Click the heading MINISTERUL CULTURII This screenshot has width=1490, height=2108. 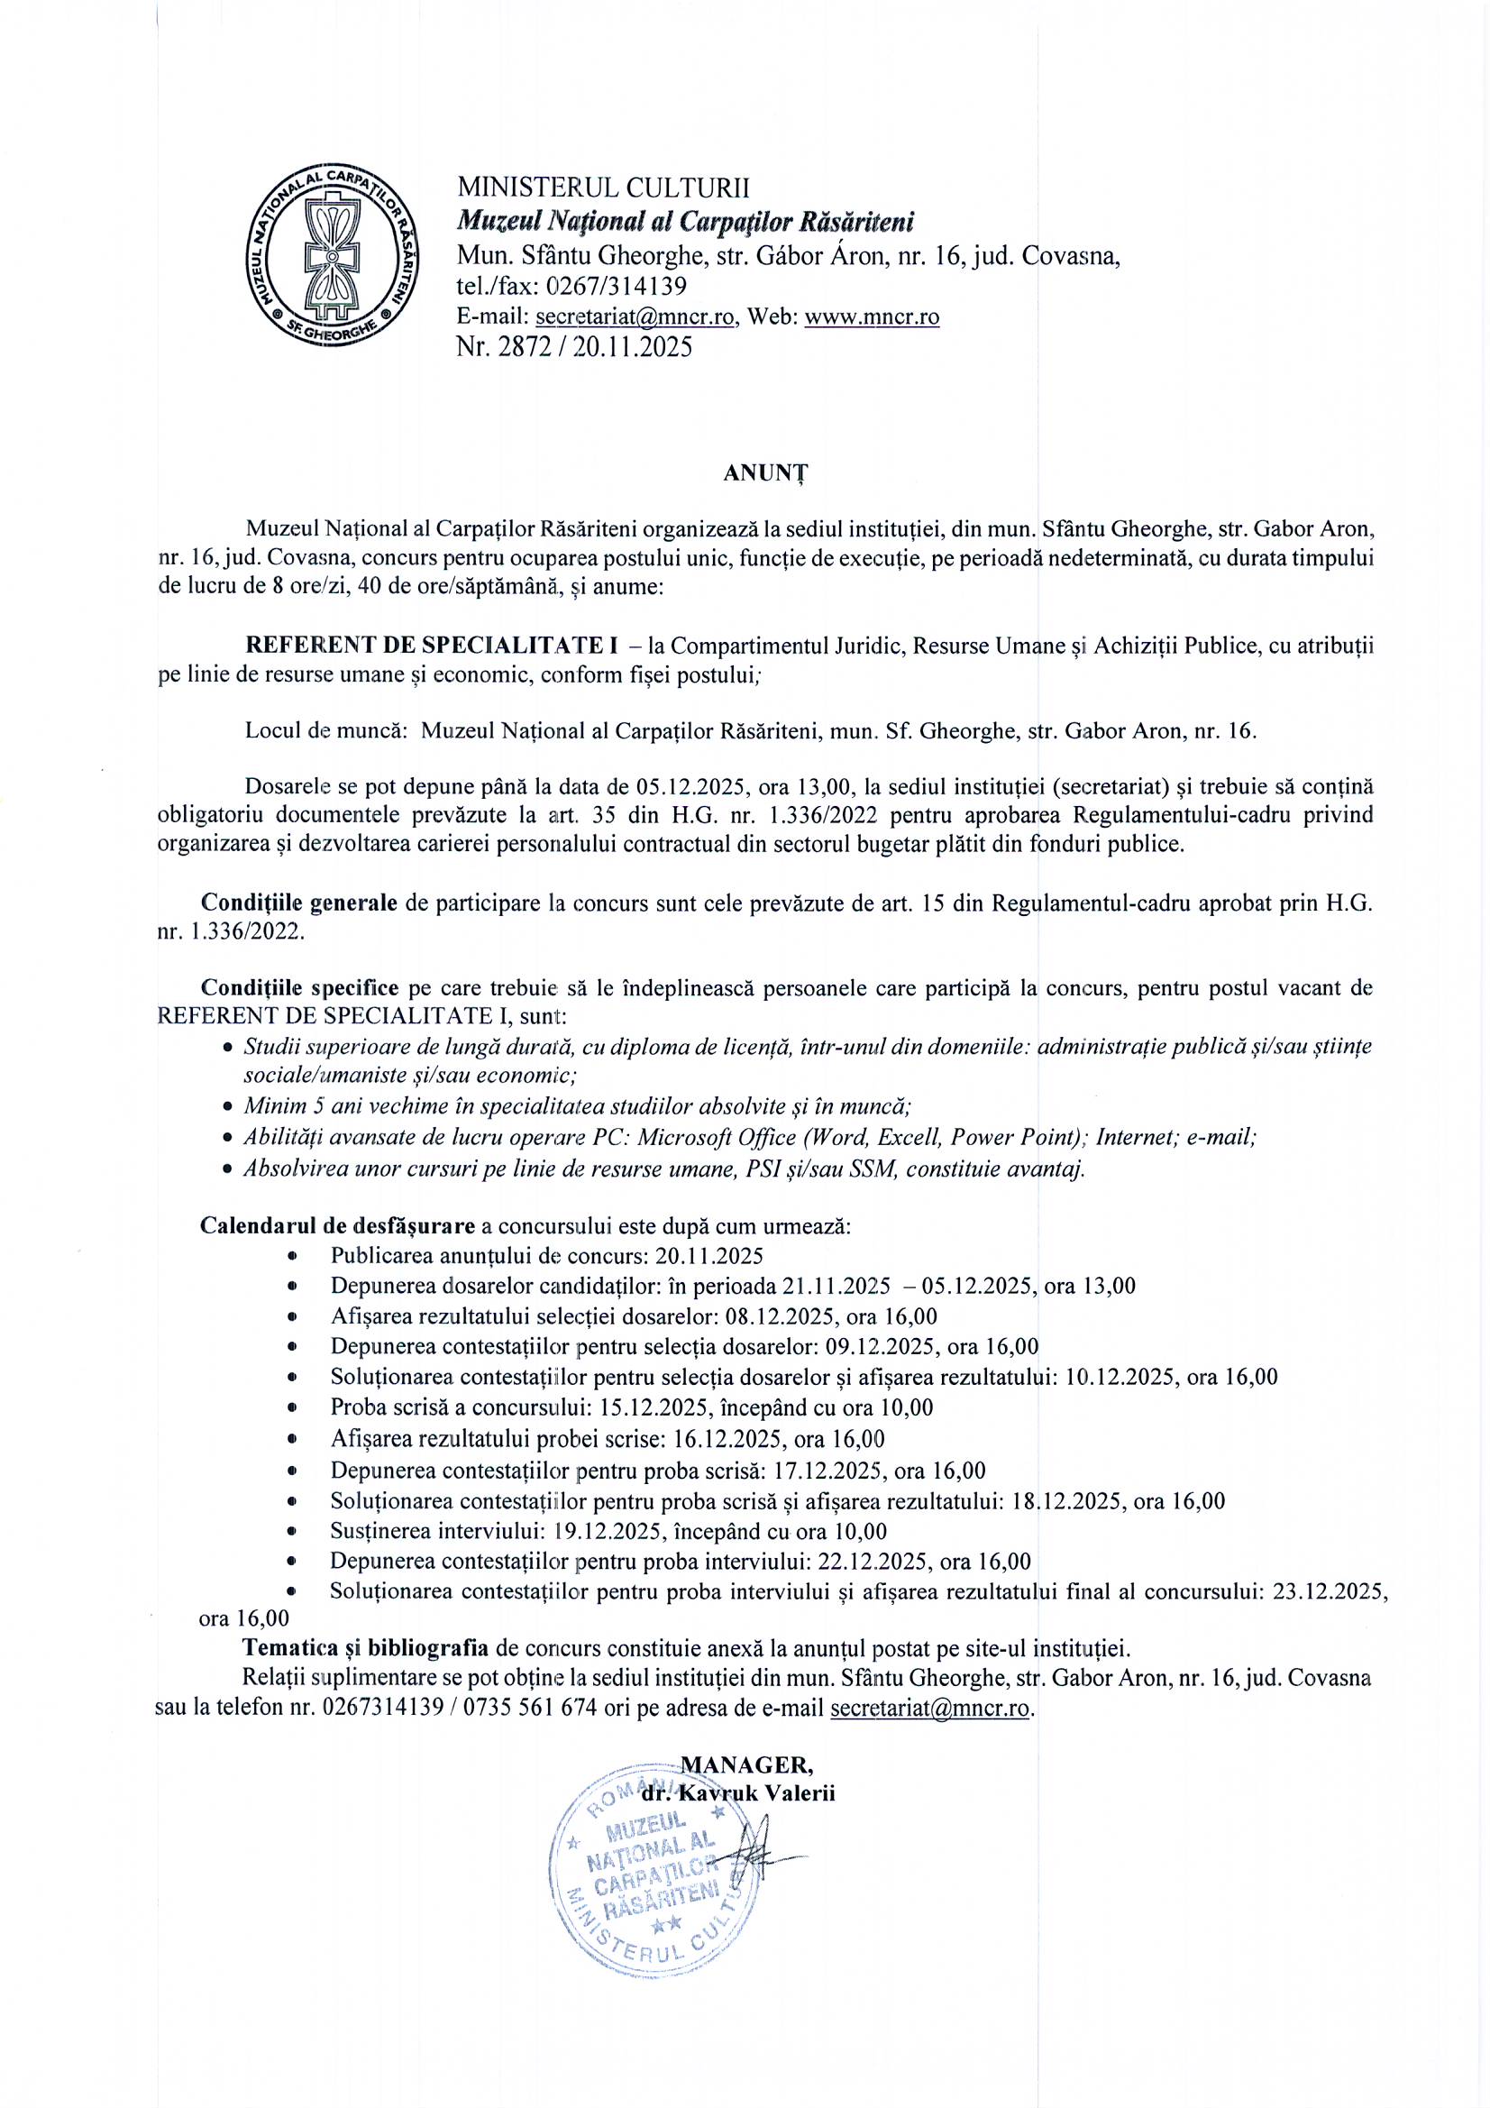(603, 188)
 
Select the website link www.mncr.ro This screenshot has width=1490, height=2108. (872, 316)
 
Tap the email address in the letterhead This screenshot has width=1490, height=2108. (636, 316)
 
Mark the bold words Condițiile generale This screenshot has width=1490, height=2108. (299, 903)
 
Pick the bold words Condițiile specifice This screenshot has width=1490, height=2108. (299, 988)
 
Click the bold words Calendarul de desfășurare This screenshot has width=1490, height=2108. (338, 1226)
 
